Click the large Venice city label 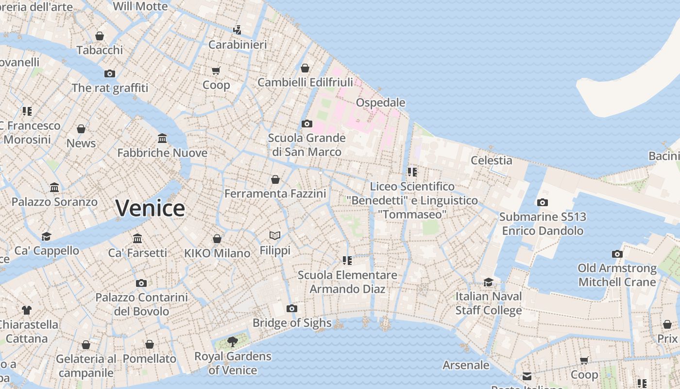pos(150,208)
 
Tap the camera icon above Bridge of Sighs pos(292,308)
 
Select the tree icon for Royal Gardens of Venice pos(233,341)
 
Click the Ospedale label pos(380,103)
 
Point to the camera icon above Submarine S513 pos(543,202)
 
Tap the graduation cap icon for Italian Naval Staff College pos(488,282)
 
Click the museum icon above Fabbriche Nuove pos(162,139)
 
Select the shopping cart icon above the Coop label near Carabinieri pos(216,71)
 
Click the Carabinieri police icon pos(237,30)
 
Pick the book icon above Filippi pos(275,236)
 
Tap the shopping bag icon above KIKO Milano pos(217,239)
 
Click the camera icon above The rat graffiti pos(110,73)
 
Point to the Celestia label pos(492,160)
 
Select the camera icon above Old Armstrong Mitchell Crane pos(617,254)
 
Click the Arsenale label pos(466,365)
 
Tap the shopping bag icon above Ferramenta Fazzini pos(275,179)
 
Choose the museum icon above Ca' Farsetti pos(137,238)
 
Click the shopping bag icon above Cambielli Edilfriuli pos(305,68)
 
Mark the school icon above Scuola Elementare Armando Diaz pos(347,261)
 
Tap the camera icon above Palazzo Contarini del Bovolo pos(141,283)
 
